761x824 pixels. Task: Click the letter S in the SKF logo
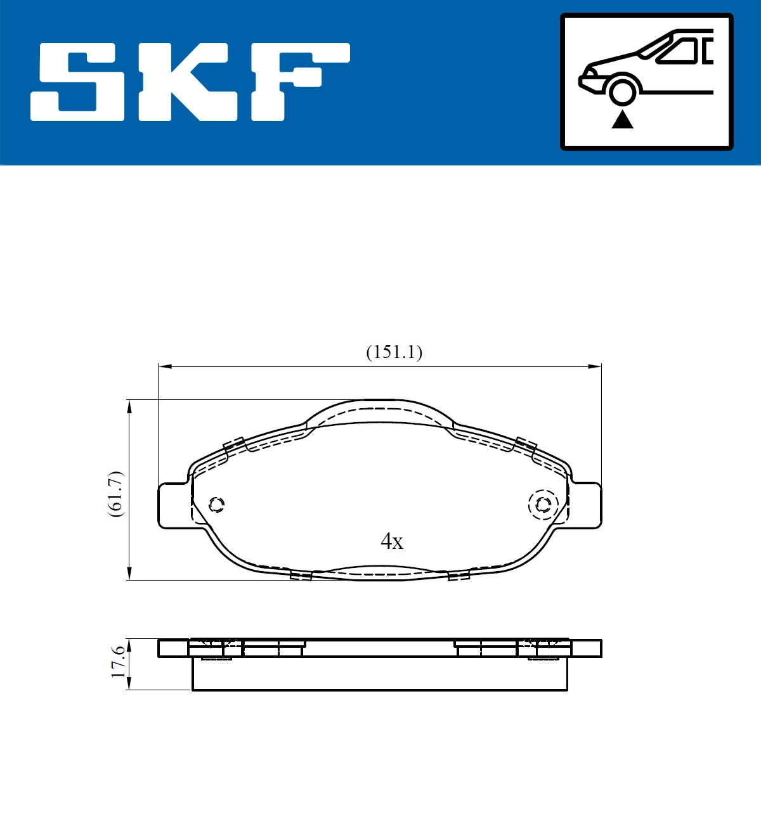[x=79, y=82]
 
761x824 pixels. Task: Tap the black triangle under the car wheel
[x=622, y=119]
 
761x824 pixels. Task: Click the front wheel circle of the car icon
[x=622, y=91]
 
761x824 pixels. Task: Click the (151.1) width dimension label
[x=394, y=352]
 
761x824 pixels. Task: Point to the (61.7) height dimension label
[x=115, y=494]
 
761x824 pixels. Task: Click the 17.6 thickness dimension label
[x=118, y=663]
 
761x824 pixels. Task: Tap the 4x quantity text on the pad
[x=391, y=541]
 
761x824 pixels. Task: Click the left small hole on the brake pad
[x=217, y=505]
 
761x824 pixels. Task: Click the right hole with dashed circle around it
[x=543, y=505]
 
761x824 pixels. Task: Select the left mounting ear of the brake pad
[x=172, y=505]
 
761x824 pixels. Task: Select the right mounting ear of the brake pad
[x=586, y=505]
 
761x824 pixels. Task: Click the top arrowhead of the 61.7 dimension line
[x=129, y=406]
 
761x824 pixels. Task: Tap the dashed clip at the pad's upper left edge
[x=235, y=445]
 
